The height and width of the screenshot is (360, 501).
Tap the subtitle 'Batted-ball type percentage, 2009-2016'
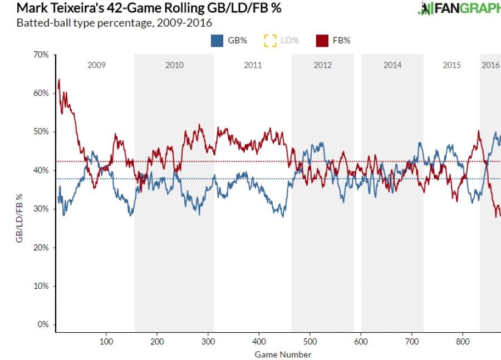tap(114, 23)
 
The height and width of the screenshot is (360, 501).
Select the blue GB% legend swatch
tap(217, 41)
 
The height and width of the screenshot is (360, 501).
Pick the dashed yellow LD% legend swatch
tap(271, 41)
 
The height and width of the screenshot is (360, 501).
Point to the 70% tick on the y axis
tap(41, 55)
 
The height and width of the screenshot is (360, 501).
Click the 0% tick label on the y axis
tap(43, 324)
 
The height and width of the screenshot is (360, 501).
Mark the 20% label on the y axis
tap(41, 247)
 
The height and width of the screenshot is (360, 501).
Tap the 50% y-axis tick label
tap(41, 132)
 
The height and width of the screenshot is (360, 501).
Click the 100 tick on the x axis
tap(106, 341)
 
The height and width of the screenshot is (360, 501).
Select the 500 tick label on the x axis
tap(310, 341)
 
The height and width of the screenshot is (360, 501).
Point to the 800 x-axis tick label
tap(463, 341)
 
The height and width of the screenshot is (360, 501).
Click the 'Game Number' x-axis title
tap(283, 354)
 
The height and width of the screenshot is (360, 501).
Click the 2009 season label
tap(96, 65)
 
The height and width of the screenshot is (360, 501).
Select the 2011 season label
tap(253, 65)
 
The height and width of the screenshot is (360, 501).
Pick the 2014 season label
tap(392, 65)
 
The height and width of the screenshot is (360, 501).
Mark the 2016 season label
tap(490, 65)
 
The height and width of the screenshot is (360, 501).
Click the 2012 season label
tap(322, 65)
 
